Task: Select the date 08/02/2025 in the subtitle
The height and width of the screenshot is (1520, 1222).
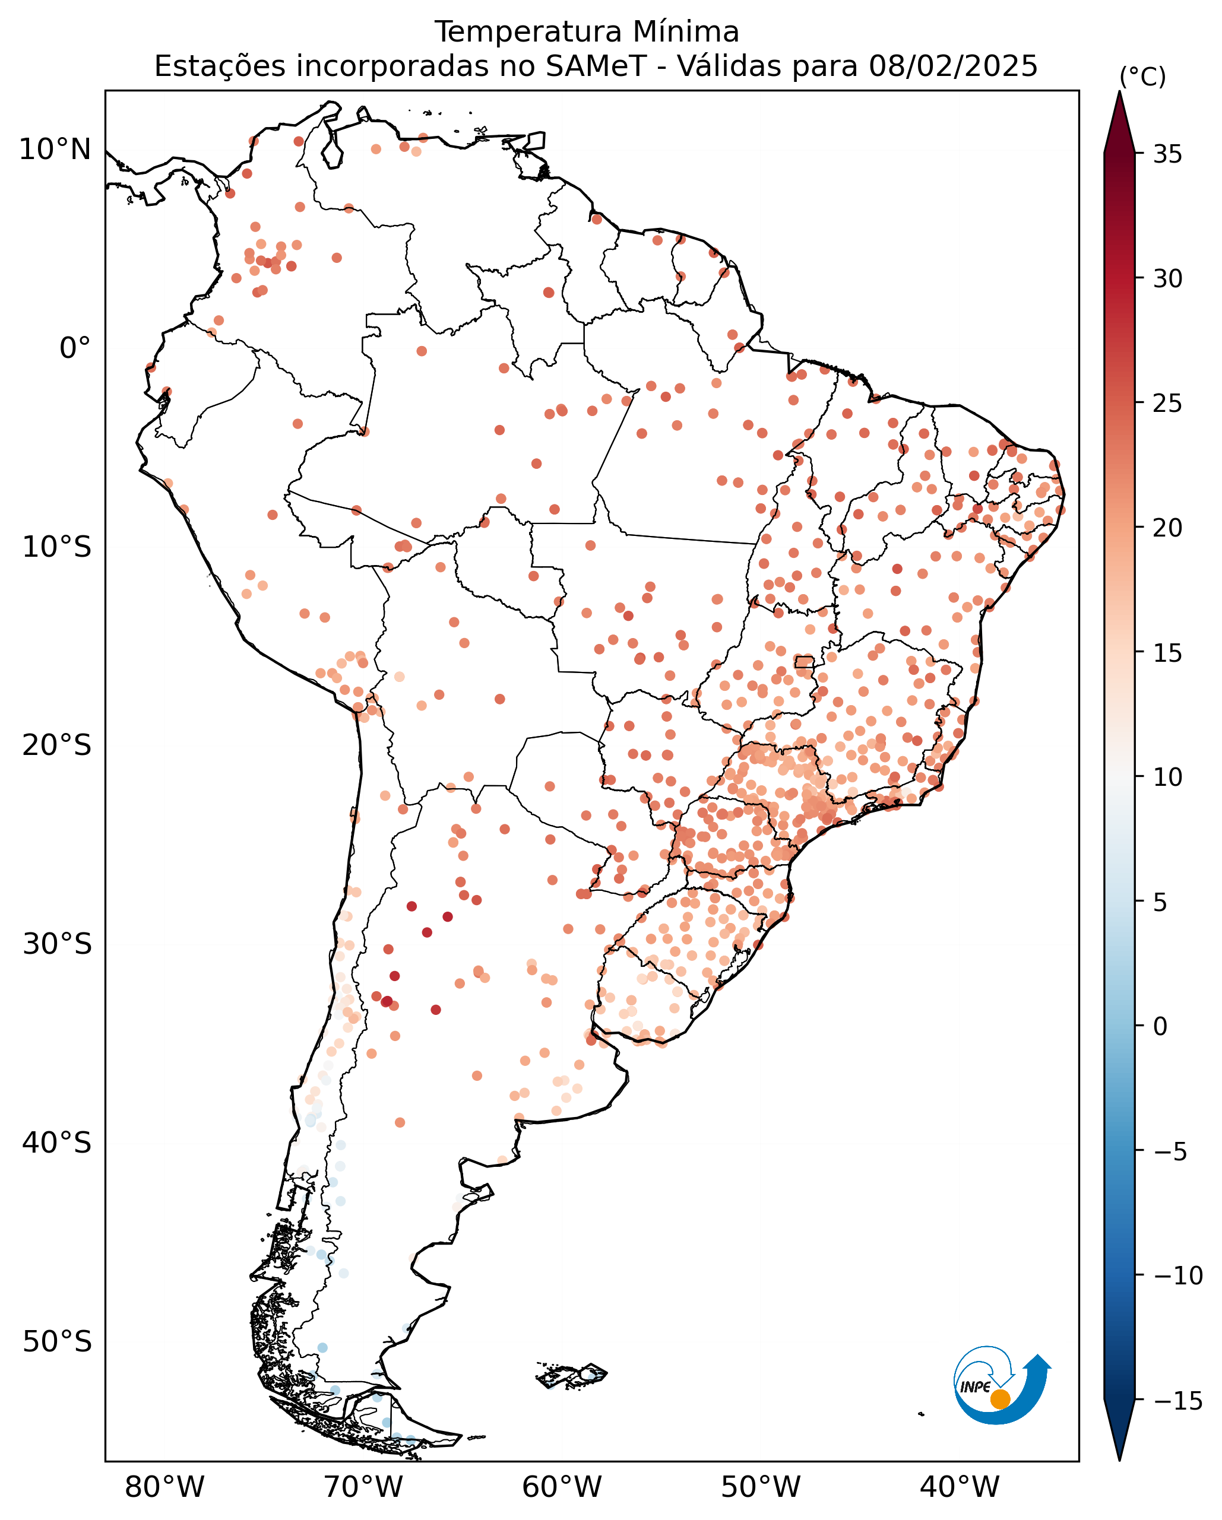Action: tap(954, 66)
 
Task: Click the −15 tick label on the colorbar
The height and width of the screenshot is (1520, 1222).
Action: tap(1178, 1401)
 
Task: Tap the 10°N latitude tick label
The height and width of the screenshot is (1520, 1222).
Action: tap(55, 150)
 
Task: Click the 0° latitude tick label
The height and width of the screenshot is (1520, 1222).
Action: tap(75, 348)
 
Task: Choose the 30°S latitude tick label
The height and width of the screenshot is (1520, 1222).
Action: tap(57, 945)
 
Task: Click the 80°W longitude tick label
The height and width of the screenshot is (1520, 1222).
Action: tap(164, 1487)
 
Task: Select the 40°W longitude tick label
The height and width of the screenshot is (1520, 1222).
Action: tap(960, 1487)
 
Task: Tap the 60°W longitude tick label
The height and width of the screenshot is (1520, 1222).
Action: tap(562, 1487)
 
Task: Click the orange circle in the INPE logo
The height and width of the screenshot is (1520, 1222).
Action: tap(1001, 1400)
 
